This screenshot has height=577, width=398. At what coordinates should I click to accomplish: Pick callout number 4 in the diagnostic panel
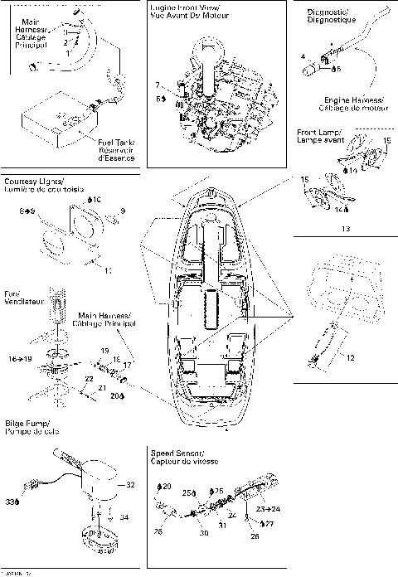click(303, 56)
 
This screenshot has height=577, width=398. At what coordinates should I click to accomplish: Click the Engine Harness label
click(343, 102)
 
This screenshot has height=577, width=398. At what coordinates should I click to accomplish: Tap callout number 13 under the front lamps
click(346, 227)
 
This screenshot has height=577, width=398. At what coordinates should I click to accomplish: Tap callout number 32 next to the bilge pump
click(129, 484)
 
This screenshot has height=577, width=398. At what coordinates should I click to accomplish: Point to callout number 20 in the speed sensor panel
click(167, 486)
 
